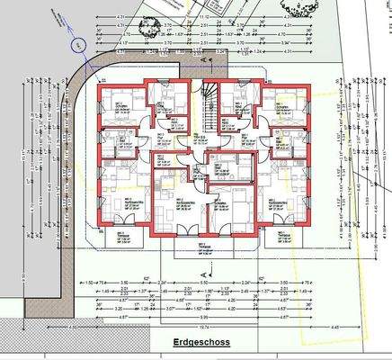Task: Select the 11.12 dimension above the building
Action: [206, 16]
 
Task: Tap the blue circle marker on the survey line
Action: [77, 42]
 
